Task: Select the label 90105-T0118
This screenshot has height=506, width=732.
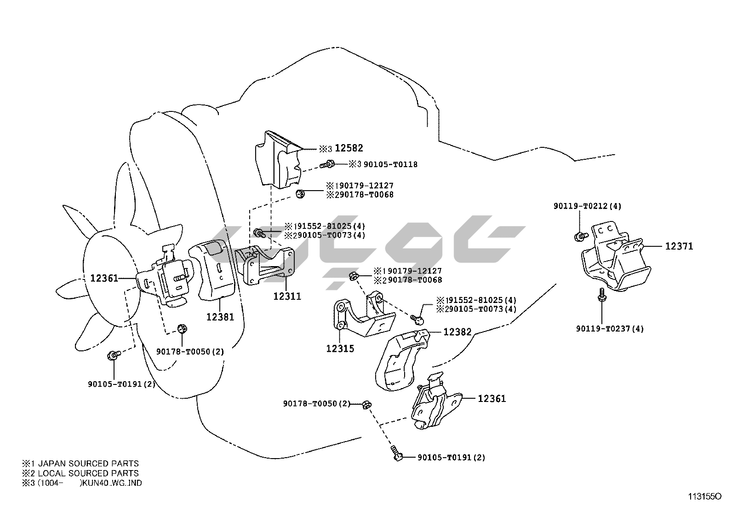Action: tap(390, 164)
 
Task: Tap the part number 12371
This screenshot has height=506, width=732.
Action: tap(679, 246)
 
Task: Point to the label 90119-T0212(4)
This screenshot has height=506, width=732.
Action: tap(587, 206)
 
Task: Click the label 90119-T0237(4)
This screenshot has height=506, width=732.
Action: tap(610, 329)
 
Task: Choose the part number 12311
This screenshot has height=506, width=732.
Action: tap(287, 296)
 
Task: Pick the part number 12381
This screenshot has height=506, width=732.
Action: tap(220, 317)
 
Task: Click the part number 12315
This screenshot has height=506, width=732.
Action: tap(340, 349)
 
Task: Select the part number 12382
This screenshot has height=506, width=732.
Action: tap(457, 332)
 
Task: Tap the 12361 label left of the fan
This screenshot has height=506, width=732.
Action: tap(104, 278)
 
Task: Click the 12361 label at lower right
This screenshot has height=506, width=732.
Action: tap(492, 399)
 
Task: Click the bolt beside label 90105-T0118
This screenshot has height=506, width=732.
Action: tap(328, 163)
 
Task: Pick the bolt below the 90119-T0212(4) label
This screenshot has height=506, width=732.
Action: tap(581, 236)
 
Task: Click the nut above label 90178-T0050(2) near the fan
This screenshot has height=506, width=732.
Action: tap(182, 329)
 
